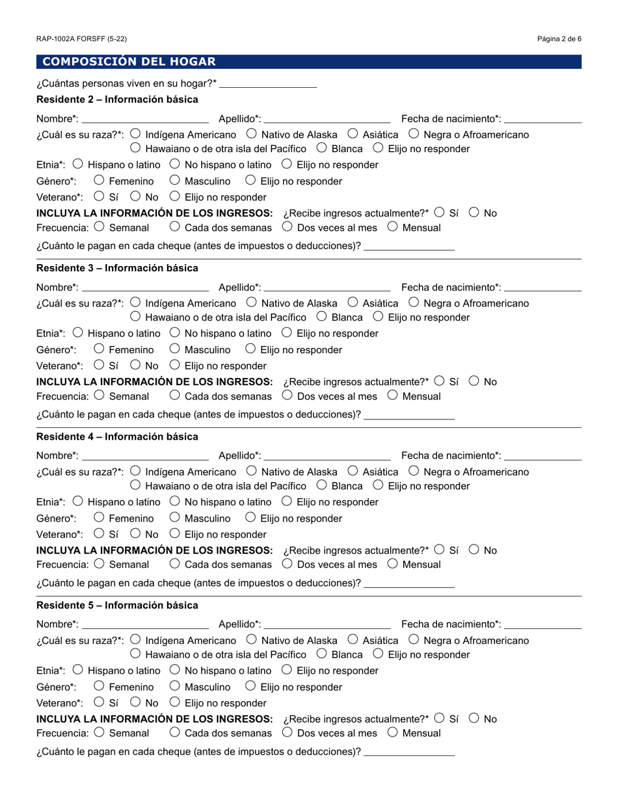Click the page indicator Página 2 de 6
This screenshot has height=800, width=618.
[559, 39]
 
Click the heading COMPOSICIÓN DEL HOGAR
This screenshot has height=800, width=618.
[129, 62]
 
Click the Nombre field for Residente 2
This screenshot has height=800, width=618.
[145, 118]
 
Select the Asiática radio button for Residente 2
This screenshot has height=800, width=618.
[353, 135]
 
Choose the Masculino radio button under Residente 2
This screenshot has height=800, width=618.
[174, 181]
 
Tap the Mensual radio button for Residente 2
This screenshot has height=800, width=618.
[392, 228]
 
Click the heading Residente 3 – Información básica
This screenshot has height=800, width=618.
[117, 268]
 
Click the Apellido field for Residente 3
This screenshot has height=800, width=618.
[327, 287]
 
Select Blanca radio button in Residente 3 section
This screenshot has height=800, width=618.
[321, 317]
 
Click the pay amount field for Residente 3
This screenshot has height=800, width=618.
[409, 415]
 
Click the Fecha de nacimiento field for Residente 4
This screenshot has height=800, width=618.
[543, 456]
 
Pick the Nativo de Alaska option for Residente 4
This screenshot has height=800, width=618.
[251, 472]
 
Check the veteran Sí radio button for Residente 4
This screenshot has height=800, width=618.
[99, 534]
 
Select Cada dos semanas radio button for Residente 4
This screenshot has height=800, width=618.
[174, 565]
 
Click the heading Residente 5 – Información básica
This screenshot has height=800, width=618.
[117, 606]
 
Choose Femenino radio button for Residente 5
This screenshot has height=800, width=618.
[99, 687]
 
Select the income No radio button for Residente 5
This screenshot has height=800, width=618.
[474, 719]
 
